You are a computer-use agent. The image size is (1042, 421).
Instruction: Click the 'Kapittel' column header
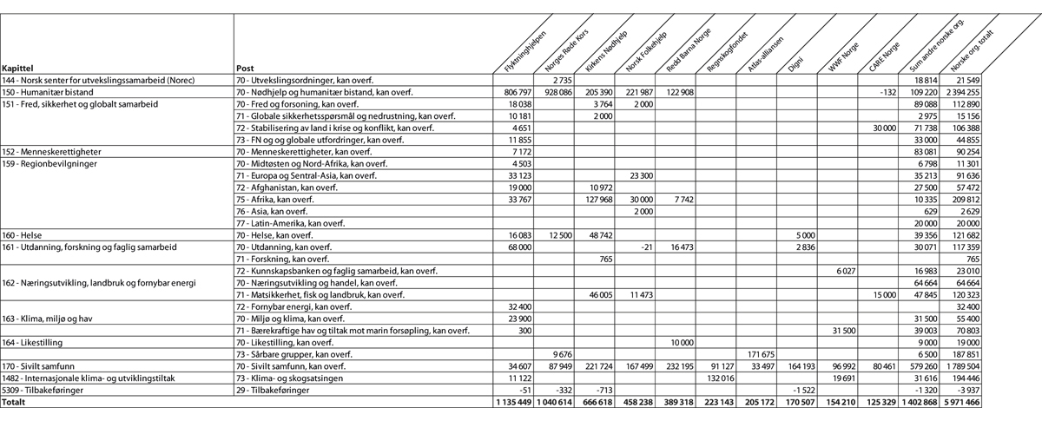coord(17,68)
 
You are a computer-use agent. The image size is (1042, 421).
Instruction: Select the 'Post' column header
coord(245,68)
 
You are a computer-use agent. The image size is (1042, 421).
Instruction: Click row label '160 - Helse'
coord(24,235)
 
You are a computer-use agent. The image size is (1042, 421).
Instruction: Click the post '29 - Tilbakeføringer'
coord(277,391)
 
